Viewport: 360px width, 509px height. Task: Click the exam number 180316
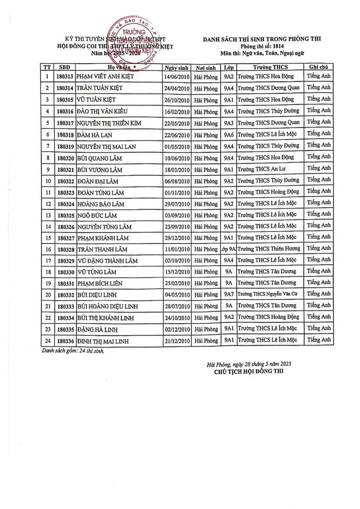tap(65, 111)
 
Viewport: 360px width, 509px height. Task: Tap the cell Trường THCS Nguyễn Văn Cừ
tap(267, 294)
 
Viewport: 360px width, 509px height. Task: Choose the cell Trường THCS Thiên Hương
tap(269, 249)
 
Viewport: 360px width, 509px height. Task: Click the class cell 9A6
tap(228, 134)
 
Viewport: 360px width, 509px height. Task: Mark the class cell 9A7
tap(228, 294)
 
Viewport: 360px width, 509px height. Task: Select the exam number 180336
tap(65, 341)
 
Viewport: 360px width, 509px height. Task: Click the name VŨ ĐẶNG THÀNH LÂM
tap(107, 261)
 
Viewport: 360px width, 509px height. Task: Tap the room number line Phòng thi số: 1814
tap(262, 46)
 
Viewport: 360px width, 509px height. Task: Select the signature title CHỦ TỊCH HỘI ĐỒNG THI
tap(249, 372)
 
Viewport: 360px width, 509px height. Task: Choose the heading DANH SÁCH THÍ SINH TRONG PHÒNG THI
tap(262, 39)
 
